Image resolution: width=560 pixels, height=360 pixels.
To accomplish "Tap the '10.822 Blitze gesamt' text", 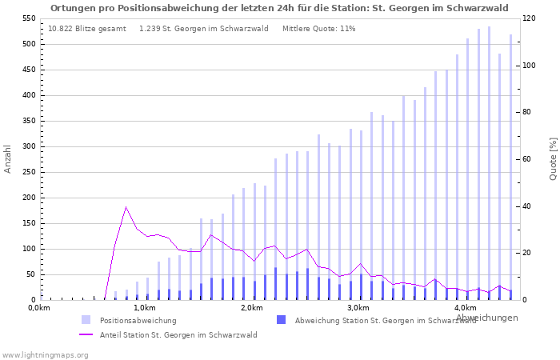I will click(86, 29).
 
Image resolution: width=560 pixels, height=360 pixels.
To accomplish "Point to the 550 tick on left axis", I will click(27, 18).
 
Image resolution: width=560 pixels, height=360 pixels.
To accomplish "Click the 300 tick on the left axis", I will click(27, 146).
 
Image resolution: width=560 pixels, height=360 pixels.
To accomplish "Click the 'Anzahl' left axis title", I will click(8, 159).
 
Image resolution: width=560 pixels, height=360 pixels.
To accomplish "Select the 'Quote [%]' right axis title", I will click(553, 158).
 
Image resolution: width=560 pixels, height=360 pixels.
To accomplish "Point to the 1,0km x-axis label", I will click(144, 308).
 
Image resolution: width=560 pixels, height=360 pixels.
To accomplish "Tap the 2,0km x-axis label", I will click(251, 308).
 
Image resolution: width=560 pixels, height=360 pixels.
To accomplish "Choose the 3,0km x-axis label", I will click(358, 308).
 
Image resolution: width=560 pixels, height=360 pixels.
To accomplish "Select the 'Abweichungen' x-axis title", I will click(486, 318).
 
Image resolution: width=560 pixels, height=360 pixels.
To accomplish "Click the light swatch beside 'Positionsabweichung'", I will click(86, 320).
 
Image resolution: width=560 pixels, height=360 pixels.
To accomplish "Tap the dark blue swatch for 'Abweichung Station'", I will click(281, 320).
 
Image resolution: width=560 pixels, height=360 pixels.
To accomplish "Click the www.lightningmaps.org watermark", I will click(45, 354).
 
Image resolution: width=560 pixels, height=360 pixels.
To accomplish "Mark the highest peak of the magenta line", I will click(126, 207).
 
